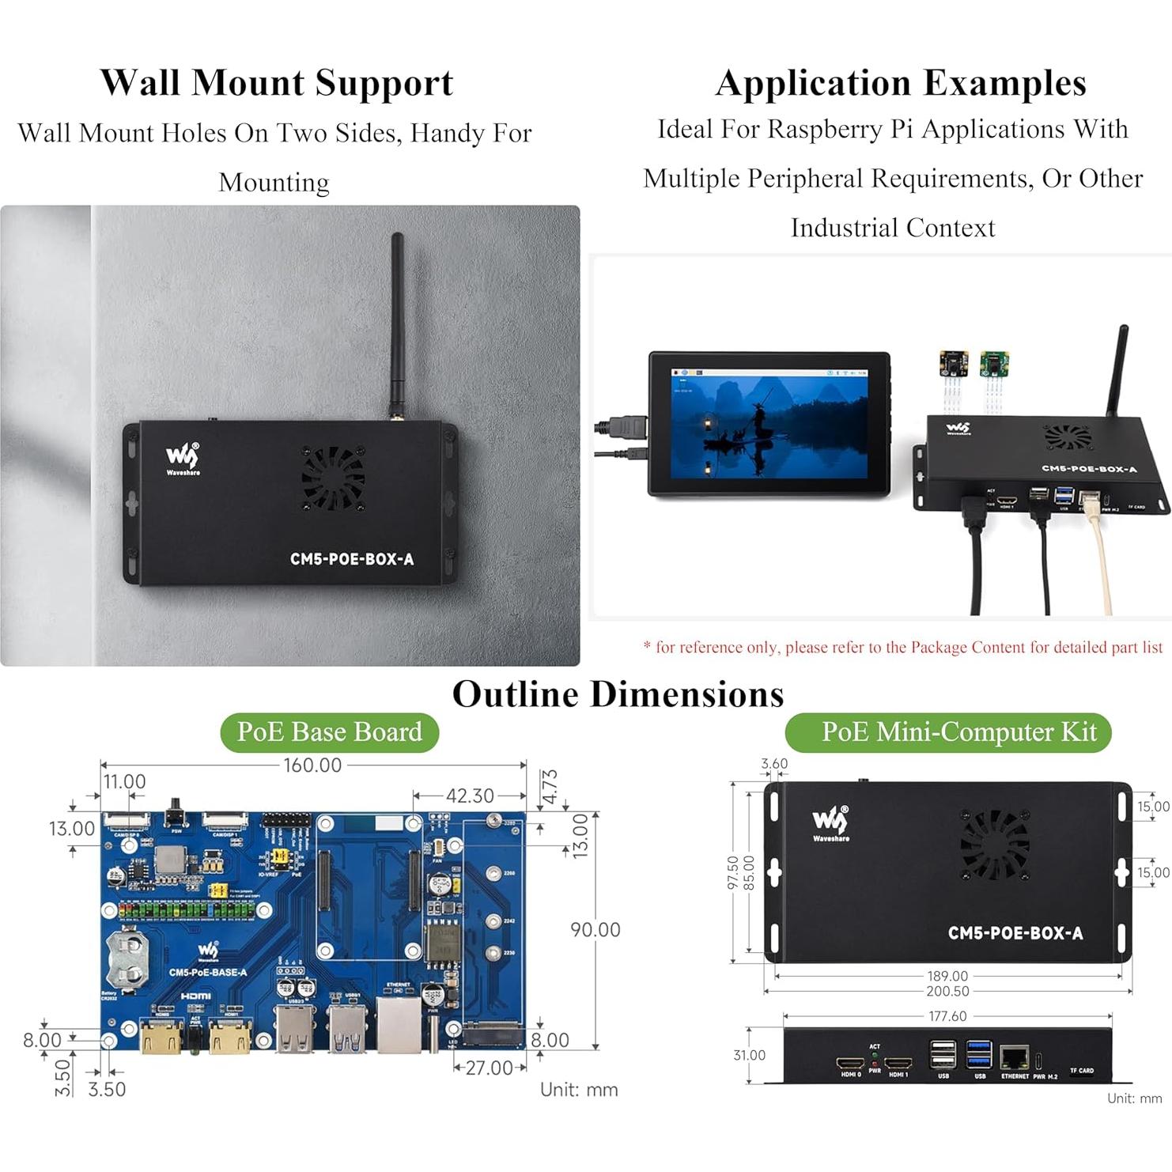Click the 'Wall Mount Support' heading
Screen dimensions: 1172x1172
(x=276, y=83)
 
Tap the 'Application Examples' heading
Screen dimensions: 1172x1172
(x=901, y=83)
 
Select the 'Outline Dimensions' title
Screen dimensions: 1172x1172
(x=618, y=694)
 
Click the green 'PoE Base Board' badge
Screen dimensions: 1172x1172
(x=329, y=732)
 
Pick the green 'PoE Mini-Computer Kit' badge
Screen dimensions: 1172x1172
(x=948, y=732)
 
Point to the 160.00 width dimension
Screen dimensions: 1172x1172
(x=312, y=766)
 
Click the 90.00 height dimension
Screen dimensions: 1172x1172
(x=595, y=930)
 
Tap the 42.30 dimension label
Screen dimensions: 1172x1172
(x=470, y=796)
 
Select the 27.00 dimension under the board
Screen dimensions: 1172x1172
(x=489, y=1068)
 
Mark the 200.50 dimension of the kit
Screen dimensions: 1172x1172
(x=947, y=992)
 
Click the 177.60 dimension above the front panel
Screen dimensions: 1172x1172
(x=947, y=1016)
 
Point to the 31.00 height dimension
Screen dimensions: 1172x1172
(x=749, y=1056)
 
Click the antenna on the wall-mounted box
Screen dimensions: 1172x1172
(x=397, y=324)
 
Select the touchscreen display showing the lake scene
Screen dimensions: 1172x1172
(x=769, y=425)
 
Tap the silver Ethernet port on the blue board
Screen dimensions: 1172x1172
(x=399, y=1024)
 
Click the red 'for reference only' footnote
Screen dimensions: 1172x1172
(x=902, y=648)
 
